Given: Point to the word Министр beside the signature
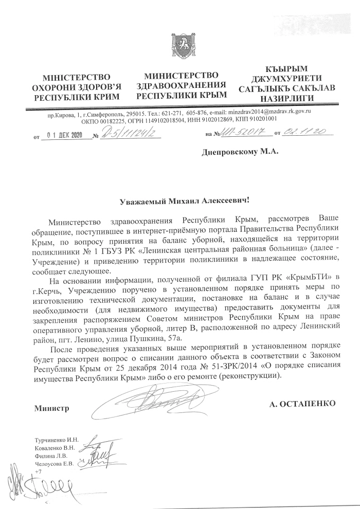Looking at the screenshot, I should point(51,409).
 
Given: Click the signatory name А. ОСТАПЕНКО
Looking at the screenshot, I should point(303,404).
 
